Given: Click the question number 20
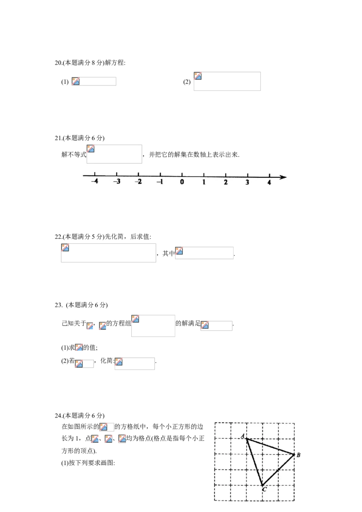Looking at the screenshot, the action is tap(58, 63).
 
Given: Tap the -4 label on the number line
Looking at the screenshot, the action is tap(95, 181).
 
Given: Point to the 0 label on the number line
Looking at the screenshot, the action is tap(182, 182).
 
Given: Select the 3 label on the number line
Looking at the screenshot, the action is tap(248, 182).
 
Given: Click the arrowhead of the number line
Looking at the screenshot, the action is tap(283, 177).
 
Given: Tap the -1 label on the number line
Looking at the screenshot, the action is tap(160, 181).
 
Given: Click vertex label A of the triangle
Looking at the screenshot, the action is tap(243, 436).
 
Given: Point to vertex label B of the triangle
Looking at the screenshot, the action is tap(298, 455).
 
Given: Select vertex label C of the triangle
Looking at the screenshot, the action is tap(264, 489).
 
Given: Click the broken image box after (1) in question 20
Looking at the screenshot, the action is tap(94, 81).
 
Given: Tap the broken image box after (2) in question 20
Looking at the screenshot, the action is tap(227, 81).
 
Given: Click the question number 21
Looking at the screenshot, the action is tap(58, 138).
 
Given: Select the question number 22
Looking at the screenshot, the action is tap(58, 237).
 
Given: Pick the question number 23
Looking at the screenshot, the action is tap(58, 305).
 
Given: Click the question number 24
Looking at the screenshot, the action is tap(58, 416).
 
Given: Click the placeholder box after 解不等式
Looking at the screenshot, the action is tap(114, 154).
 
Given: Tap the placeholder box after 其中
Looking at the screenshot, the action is tap(204, 253).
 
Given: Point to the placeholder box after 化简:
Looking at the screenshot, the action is tap(134, 364).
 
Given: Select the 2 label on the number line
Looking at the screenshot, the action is tap(226, 182).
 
